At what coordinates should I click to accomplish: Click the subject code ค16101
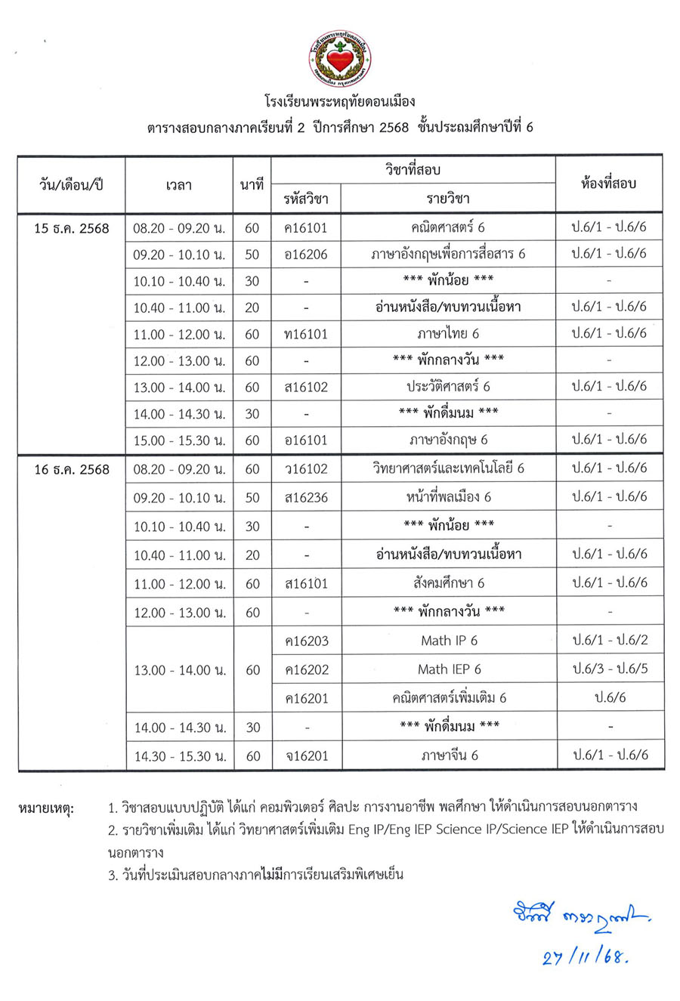coord(306,227)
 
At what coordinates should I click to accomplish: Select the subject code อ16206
coord(306,254)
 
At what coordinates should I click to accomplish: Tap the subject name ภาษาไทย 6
coord(448,333)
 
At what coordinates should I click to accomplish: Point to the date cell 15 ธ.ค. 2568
coord(72,228)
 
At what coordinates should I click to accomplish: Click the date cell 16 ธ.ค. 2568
coord(72,469)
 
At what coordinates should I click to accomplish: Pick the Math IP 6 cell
coord(449,641)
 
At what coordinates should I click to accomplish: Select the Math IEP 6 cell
coord(449,669)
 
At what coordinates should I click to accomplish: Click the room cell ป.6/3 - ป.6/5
coord(610,669)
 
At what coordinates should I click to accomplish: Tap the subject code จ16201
coord(306,755)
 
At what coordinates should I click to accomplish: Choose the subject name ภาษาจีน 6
coord(449,755)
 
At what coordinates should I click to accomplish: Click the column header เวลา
coord(179,184)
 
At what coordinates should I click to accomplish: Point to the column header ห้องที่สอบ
coord(609,184)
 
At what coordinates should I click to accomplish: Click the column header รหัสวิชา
coord(306,199)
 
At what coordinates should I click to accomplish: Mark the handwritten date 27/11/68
coord(586,957)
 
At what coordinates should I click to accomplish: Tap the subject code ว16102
coord(306,469)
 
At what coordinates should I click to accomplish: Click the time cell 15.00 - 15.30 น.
coord(179,440)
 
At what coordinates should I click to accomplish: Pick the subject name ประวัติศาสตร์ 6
coord(448,386)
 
